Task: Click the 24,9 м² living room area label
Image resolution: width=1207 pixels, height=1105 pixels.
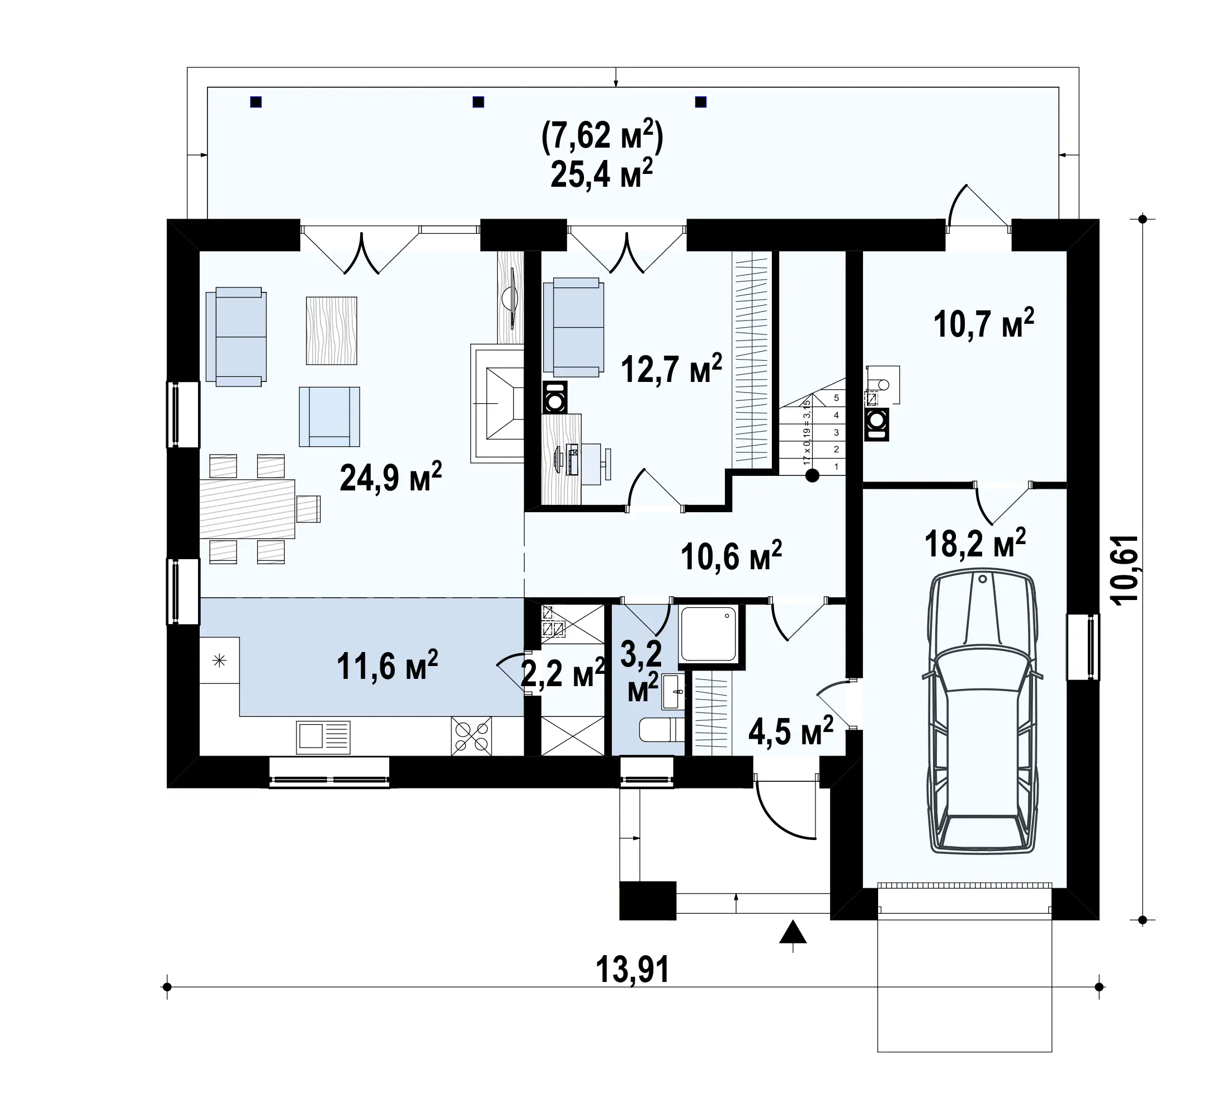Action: tap(390, 477)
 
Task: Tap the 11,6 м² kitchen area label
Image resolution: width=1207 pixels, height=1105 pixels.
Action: tap(387, 666)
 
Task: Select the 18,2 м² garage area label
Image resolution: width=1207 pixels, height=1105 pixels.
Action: tap(975, 544)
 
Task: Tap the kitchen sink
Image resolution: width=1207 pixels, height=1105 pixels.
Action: tap(323, 737)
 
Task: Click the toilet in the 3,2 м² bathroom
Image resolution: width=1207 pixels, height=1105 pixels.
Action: tap(662, 730)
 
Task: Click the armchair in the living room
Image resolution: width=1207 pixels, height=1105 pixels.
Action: tap(329, 417)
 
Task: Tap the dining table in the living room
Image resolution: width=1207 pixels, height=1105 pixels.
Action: tap(247, 509)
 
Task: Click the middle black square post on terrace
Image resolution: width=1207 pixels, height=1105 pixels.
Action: tap(478, 102)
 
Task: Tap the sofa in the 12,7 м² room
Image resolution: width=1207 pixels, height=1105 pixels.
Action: tap(573, 327)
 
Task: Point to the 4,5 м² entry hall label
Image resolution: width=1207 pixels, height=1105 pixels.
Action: tap(791, 732)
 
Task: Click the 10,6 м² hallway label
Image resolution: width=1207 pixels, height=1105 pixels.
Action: tap(731, 556)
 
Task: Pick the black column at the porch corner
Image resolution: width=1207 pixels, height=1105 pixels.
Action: tap(648, 900)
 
